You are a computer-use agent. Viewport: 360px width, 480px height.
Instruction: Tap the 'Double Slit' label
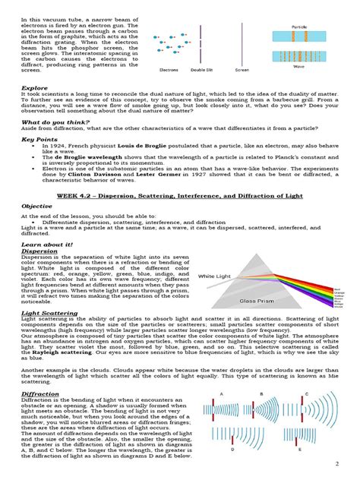pos(201,69)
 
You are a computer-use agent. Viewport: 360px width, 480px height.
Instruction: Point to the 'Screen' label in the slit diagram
pos(242,69)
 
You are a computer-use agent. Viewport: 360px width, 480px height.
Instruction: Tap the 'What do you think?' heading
pos(53,122)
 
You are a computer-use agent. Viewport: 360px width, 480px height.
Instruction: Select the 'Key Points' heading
pos(39,140)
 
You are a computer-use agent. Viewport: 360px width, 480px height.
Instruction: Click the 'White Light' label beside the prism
pos(218,276)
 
